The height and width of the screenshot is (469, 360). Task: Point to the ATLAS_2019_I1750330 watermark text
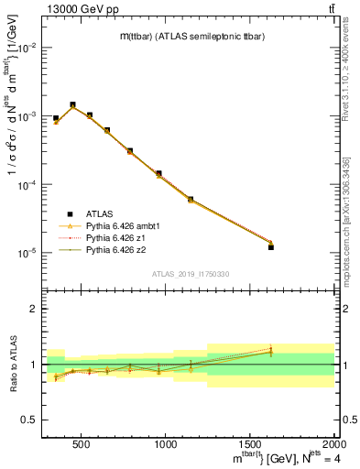[191, 274]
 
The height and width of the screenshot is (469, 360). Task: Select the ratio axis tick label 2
[33, 310]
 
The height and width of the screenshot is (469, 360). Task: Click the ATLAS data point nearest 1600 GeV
[271, 247]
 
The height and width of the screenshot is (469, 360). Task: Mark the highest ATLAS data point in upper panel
[72, 104]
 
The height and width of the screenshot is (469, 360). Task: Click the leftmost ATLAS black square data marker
[56, 118]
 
